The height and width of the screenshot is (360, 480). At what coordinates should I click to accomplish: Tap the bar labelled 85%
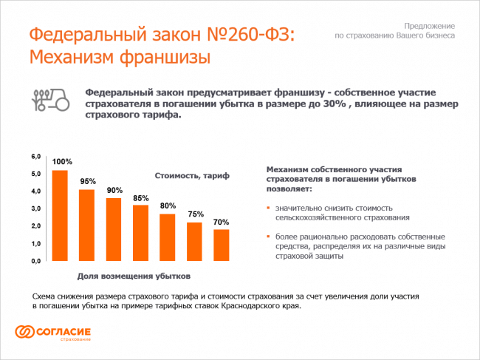[140, 233]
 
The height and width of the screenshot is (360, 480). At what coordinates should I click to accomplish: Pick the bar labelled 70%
[222, 245]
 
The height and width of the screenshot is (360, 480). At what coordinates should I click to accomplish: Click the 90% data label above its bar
[114, 190]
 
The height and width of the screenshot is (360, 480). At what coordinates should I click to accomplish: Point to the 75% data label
[195, 214]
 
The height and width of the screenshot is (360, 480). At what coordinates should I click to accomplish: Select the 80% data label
[168, 206]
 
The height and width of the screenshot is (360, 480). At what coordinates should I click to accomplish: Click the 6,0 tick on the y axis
[35, 157]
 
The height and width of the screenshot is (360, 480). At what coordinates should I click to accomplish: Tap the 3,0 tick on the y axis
[35, 209]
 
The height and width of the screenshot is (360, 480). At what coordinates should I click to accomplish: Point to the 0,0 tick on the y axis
[35, 262]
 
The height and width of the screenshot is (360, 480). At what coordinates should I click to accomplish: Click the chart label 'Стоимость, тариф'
[192, 175]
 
